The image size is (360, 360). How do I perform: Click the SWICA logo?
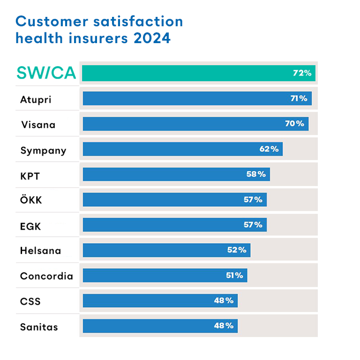pyautogui.click(x=46, y=73)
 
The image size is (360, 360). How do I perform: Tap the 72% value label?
pyautogui.click(x=302, y=73)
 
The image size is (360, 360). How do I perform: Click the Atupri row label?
pyautogui.click(x=36, y=99)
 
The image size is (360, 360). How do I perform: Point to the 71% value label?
pyautogui.click(x=299, y=98)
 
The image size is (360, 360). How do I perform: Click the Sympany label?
pyautogui.click(x=43, y=151)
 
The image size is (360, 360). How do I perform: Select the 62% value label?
pyautogui.click(x=269, y=149)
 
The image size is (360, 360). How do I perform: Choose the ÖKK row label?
pyautogui.click(x=31, y=200)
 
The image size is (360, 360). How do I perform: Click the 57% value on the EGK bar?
pyautogui.click(x=253, y=225)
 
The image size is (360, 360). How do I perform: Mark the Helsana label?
pyautogui.click(x=40, y=251)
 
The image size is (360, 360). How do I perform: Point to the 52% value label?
pyautogui.click(x=237, y=250)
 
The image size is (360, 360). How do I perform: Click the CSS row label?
pyautogui.click(x=30, y=301)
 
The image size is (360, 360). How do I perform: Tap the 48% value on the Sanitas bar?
pyautogui.click(x=224, y=326)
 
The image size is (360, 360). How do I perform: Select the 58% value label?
pyautogui.click(x=256, y=174)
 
